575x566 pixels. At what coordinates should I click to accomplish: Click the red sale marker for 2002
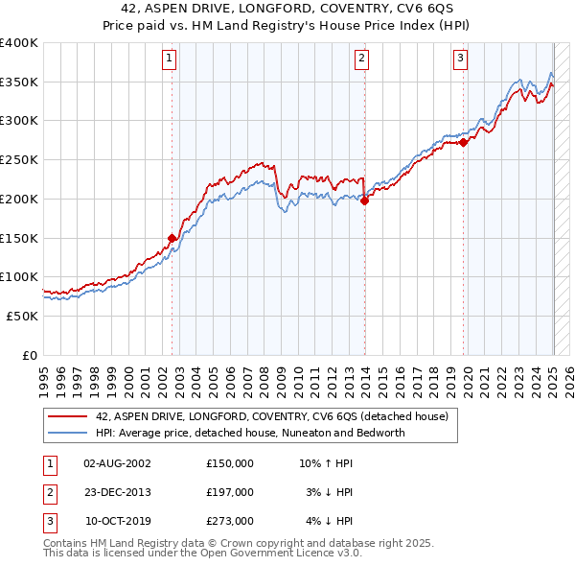pyautogui.click(x=172, y=238)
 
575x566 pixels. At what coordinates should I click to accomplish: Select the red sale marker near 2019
pyautogui.click(x=464, y=142)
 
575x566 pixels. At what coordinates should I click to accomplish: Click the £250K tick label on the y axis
pyautogui.click(x=18, y=159)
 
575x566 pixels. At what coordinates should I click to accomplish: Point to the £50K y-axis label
pyautogui.click(x=22, y=316)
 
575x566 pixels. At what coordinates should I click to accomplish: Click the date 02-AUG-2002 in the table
pyautogui.click(x=117, y=463)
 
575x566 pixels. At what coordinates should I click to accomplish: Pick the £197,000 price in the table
pyautogui.click(x=230, y=492)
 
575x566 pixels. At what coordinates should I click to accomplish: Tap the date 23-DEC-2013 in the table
pyautogui.click(x=117, y=492)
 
